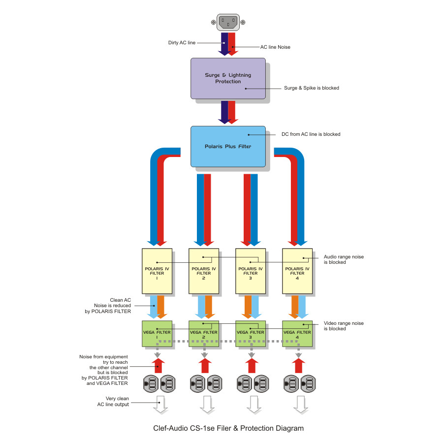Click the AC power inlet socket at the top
pos(228,22)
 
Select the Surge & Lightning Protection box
pos(228,79)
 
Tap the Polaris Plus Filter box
pos(228,146)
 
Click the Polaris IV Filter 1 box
pos(157,271)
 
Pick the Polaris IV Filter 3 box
pos(251,271)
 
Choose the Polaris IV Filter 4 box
pos(297,271)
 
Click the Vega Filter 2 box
pos(204,334)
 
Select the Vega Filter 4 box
pos(297,334)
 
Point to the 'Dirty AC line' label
pos(182,43)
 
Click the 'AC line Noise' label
pos(275,47)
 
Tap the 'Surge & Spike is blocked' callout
pos(312,88)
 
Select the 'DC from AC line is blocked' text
pos(311,134)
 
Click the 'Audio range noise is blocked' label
pos(344,259)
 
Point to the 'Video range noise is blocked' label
pos(344,326)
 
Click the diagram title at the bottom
pos(228,428)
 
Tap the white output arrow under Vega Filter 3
pos(254,405)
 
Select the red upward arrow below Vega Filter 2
pos(205,366)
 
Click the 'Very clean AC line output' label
pos(113,402)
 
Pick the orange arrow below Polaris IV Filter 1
pos(161,307)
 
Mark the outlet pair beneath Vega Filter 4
pos(299,383)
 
